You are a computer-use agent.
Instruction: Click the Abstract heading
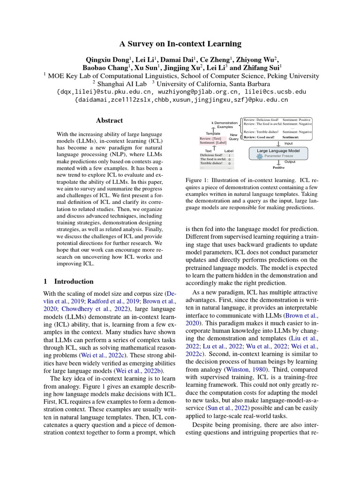[x=109, y=120]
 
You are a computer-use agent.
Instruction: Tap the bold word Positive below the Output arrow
[x=278, y=167]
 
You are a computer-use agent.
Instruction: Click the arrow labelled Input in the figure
[x=280, y=143]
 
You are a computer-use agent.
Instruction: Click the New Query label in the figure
[x=233, y=136]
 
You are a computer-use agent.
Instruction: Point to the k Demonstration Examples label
[x=225, y=125]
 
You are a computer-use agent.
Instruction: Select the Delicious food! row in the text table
[x=216, y=155]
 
